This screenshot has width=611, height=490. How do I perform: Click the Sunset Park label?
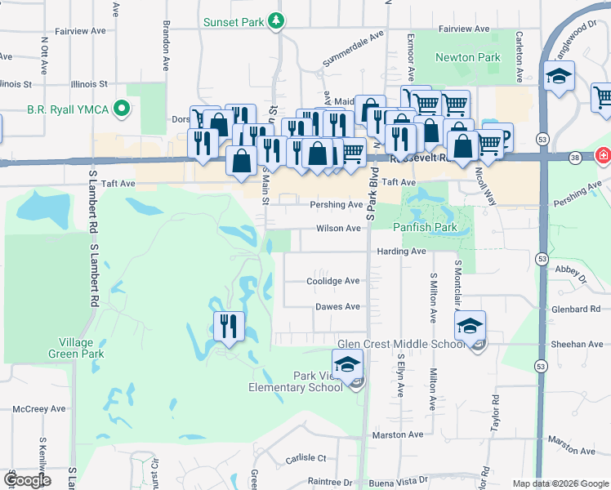click(x=234, y=22)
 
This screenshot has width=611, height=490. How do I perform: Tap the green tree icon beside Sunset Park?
click(x=278, y=21)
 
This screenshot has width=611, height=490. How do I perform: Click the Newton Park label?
click(x=467, y=58)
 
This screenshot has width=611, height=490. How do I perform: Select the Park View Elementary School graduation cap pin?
click(x=347, y=365)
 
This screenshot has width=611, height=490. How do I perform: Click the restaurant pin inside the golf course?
click(x=229, y=326)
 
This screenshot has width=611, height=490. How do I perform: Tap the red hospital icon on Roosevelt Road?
click(x=603, y=154)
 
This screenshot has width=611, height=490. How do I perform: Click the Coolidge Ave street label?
click(x=333, y=281)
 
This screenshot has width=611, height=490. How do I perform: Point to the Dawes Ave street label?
click(x=337, y=307)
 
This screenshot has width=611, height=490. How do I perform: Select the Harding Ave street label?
click(x=402, y=252)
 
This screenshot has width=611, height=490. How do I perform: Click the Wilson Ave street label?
click(x=338, y=229)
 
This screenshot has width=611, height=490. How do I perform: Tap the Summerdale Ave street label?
click(x=353, y=48)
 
